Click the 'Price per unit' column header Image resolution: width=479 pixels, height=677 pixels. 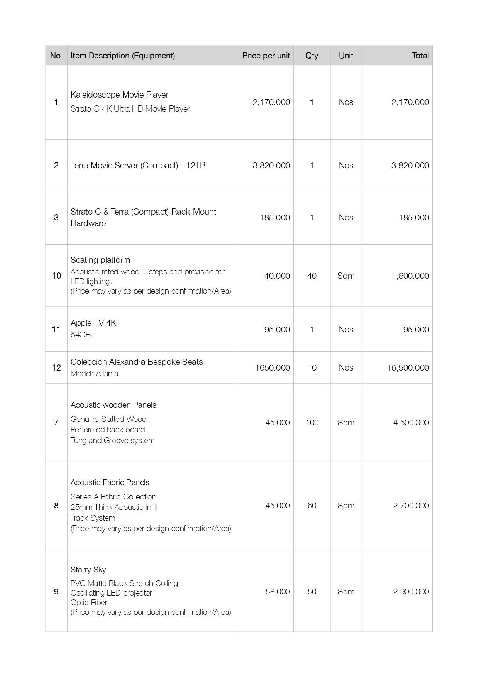(x=266, y=56)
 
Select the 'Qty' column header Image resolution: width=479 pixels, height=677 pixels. (x=311, y=56)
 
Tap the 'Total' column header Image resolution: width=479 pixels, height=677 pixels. (x=420, y=56)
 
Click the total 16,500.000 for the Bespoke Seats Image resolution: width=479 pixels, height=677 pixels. (x=408, y=367)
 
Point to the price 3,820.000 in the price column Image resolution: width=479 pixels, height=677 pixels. (x=271, y=166)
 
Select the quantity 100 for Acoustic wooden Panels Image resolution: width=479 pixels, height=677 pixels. (x=311, y=422)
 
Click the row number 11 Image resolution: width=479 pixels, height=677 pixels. (x=56, y=329)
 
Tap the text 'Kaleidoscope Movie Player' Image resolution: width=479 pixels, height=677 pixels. (x=119, y=95)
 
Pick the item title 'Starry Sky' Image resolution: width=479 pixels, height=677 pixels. (x=88, y=570)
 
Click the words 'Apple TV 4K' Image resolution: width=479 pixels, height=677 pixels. (x=93, y=323)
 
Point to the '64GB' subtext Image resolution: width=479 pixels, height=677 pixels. (x=81, y=335)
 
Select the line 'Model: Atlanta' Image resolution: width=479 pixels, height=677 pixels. (x=94, y=374)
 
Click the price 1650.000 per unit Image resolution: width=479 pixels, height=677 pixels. (x=273, y=367)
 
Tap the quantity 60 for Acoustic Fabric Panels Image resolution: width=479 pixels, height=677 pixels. (x=311, y=505)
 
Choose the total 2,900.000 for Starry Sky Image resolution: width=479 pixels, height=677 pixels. (x=411, y=591)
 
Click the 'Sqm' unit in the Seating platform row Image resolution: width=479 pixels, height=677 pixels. (x=345, y=276)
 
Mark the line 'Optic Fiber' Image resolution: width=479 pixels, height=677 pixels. (x=89, y=603)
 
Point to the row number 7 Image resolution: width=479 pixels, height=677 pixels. (x=56, y=422)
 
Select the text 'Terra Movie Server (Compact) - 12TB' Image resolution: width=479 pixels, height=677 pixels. (x=138, y=166)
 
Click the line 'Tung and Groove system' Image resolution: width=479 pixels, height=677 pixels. (x=112, y=440)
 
